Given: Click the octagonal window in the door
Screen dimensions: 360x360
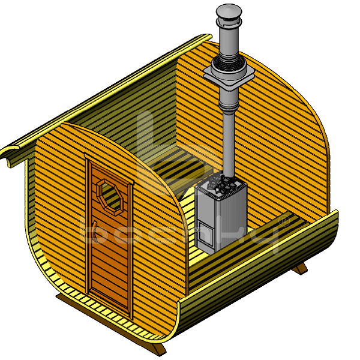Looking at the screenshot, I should pos(111,197).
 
